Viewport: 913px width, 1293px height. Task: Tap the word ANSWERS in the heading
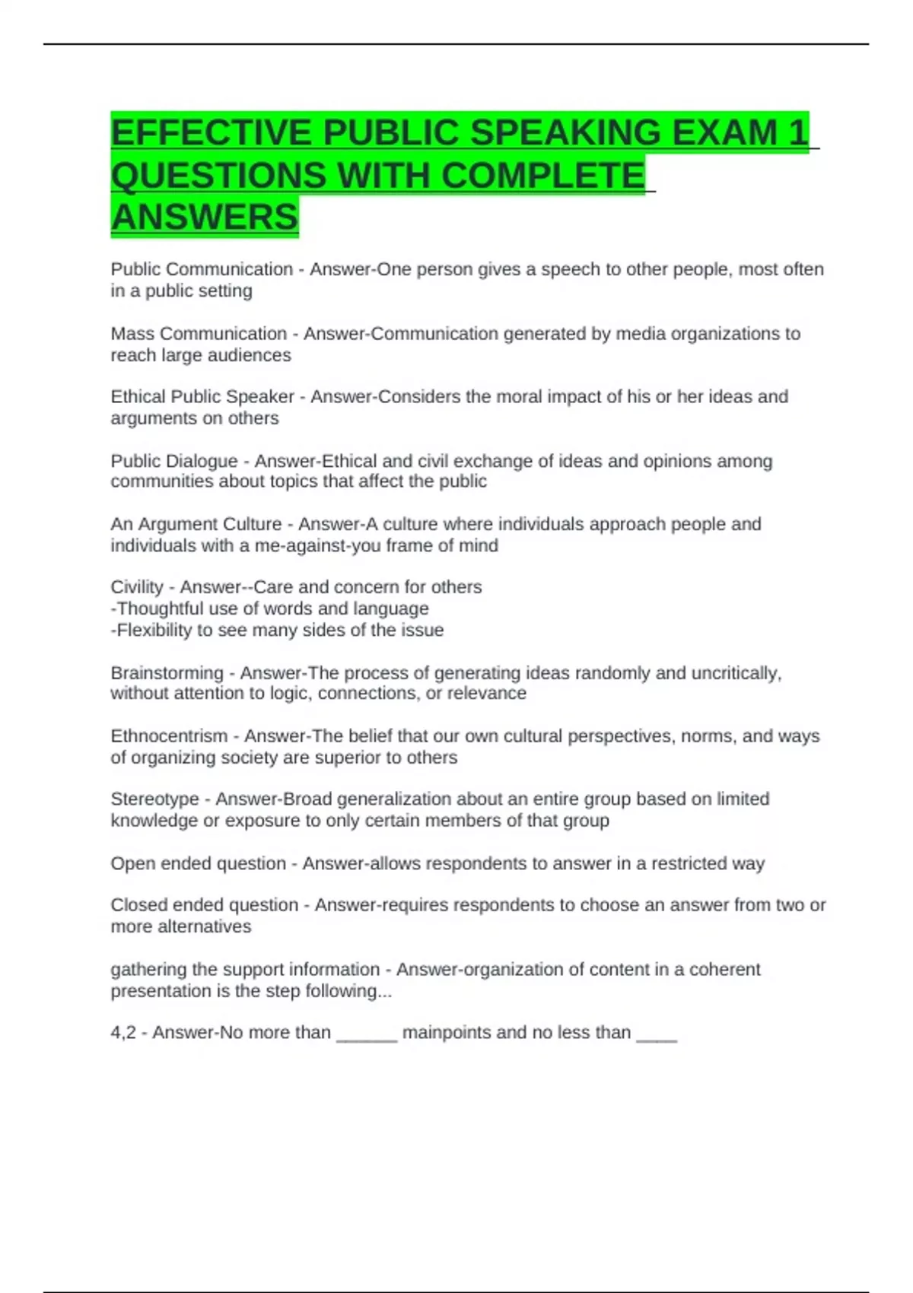tap(205, 218)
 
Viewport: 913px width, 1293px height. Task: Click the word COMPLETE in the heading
tap(542, 176)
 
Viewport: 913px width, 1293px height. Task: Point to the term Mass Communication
tap(199, 334)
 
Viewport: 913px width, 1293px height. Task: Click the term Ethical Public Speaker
tap(202, 397)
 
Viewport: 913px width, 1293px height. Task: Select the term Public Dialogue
tap(174, 462)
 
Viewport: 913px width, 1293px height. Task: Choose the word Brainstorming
tap(167, 673)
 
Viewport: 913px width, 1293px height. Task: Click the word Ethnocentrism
tap(169, 736)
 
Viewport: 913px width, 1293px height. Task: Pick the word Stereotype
tap(154, 799)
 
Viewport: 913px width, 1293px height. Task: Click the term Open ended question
tap(198, 864)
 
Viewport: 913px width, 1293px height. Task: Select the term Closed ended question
tap(204, 905)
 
